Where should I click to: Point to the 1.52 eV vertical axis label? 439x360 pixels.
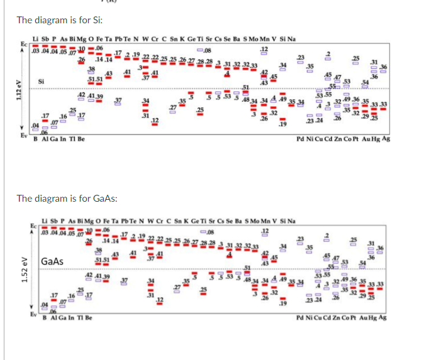coord(8,269)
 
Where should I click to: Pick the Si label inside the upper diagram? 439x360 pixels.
coord(42,81)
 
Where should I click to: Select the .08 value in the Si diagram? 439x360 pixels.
coord(208,50)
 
